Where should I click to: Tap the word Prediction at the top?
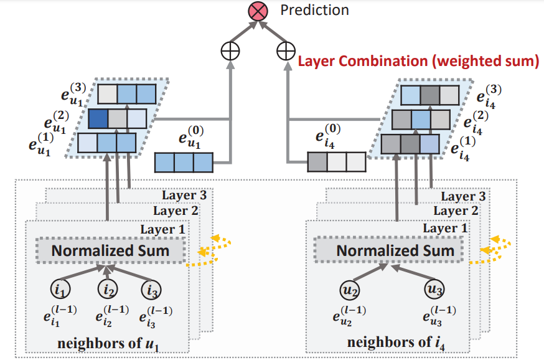(x=314, y=10)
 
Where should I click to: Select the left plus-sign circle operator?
(x=230, y=51)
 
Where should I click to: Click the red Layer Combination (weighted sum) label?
(x=418, y=62)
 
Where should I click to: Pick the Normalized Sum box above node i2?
(x=111, y=251)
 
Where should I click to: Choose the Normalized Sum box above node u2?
(x=395, y=251)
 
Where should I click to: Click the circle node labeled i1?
(x=61, y=290)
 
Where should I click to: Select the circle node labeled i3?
(x=152, y=290)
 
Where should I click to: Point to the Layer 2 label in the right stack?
(x=458, y=211)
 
